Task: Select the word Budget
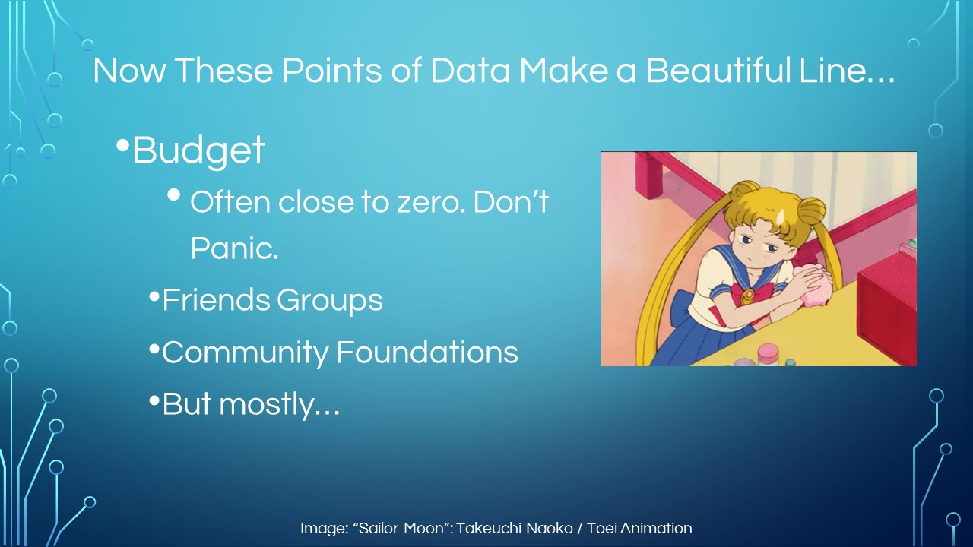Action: coord(198,150)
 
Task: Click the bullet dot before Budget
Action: coord(123,145)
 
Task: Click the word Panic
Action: coord(235,248)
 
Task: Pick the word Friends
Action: coord(216,300)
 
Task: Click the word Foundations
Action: coord(427,352)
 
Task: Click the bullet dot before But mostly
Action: coord(154,400)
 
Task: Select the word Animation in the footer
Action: coord(656,528)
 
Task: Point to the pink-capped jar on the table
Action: coord(768,354)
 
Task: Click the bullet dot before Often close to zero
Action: coord(174,195)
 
